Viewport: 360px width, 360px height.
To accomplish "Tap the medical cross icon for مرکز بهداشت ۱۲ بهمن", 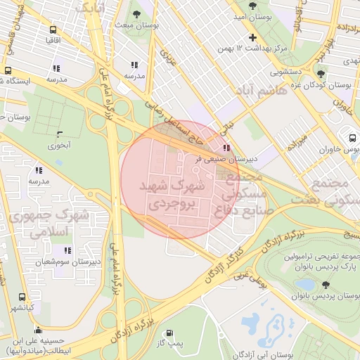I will point(252,37).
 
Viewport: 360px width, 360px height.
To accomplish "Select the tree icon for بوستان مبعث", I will point(136,14).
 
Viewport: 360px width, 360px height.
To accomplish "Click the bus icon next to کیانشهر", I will point(22,297).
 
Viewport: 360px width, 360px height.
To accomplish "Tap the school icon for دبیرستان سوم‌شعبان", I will point(67,250).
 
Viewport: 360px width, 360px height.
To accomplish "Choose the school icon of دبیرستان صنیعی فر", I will point(226,148).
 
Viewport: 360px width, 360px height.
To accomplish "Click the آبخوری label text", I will point(59,146).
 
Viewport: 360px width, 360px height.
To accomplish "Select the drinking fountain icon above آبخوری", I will point(59,134).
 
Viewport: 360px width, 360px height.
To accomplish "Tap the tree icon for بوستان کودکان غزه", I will point(321,74).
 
